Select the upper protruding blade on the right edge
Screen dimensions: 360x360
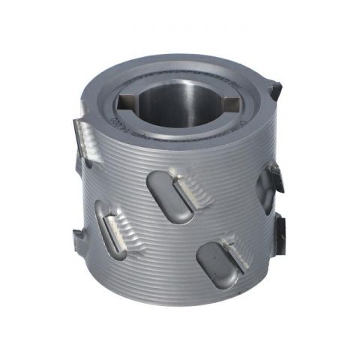(276, 178)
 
